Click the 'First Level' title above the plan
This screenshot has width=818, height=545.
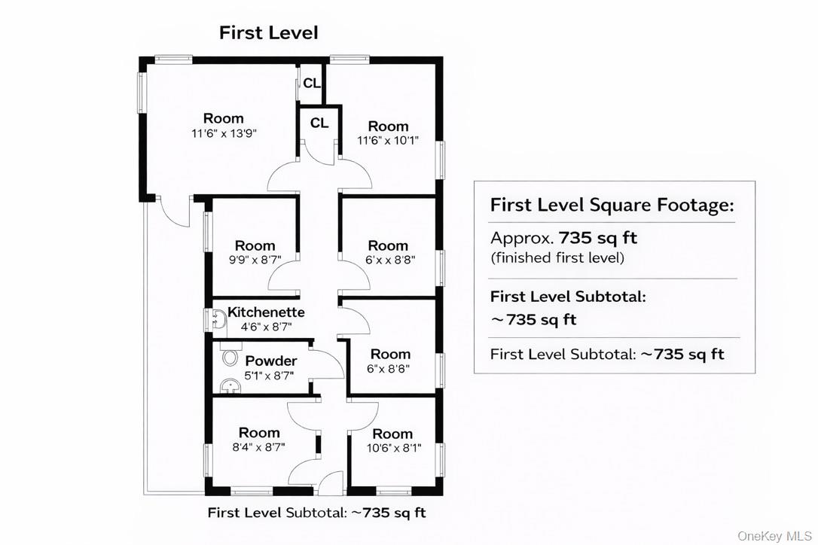pos(269,33)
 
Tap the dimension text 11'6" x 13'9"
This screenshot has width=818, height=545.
pos(224,133)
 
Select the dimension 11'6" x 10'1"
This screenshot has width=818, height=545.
pos(388,141)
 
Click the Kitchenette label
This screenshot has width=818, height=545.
pos(266,312)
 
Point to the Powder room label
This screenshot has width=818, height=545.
pos(271,361)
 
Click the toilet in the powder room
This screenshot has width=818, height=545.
pos(228,359)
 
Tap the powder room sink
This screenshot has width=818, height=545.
pos(230,385)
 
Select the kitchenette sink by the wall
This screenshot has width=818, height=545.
pos(219,320)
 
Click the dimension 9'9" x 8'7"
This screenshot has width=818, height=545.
pos(255,260)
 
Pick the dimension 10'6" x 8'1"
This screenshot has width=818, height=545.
pos(394,448)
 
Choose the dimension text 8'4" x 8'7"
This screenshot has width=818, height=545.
pos(259,447)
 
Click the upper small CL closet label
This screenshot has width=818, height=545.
pos(311,84)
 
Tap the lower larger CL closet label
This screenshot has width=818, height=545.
pos(319,123)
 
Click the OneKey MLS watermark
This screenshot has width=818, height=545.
pos(775,536)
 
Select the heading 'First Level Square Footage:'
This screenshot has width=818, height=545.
pos(612,205)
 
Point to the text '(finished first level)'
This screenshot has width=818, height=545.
pos(557,257)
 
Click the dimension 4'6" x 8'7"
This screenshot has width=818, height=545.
pos(266,327)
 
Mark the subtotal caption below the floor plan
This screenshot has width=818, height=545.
pos(316,513)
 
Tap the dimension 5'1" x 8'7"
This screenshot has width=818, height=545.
pos(269,376)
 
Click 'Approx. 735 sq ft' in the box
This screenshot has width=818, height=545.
pos(564,239)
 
